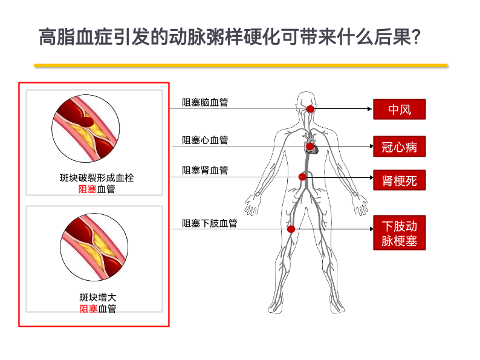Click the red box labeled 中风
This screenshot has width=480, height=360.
coord(399,110)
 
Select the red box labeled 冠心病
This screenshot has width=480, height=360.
coord(399,146)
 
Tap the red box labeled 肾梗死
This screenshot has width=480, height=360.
coord(399,179)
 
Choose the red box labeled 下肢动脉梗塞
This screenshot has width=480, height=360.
coord(399,234)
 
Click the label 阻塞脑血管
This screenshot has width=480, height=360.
coord(205,102)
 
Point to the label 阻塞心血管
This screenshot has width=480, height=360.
coord(205,140)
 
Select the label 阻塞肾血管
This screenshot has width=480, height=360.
coord(205,171)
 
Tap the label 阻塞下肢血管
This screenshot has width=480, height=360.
coord(210,223)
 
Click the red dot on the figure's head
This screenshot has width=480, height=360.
coord(310,109)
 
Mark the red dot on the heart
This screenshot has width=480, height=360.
coord(310,146)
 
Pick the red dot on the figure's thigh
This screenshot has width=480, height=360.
coord(291,229)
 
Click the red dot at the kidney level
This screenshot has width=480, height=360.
coord(302,177)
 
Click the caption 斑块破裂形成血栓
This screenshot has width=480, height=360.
coord(97,177)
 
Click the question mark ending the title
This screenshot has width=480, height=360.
coord(415,37)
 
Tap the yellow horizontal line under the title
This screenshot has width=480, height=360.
coord(241,65)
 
